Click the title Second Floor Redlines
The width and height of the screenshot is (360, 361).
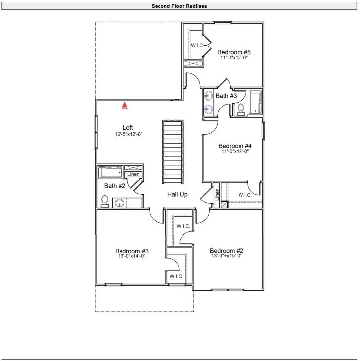click(179, 6)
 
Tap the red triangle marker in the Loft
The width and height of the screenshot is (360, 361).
click(125, 105)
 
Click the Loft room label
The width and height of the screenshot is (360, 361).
click(128, 128)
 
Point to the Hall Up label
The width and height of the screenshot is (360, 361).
click(177, 195)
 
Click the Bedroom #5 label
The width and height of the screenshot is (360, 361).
click(234, 52)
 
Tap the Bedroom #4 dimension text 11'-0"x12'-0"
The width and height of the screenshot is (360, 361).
click(235, 152)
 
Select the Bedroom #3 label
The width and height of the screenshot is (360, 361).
click(132, 251)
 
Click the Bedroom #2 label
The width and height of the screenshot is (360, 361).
click(226, 250)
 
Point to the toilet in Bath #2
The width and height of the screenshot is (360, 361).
click(105, 201)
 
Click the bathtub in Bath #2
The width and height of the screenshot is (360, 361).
click(111, 172)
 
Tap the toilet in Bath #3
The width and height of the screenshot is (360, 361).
click(241, 109)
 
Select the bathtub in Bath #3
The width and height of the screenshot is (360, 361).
click(255, 103)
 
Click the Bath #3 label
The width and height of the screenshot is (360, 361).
click(226, 96)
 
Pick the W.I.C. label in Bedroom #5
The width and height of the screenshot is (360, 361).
click(198, 46)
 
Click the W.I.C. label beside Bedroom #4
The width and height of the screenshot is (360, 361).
click(245, 195)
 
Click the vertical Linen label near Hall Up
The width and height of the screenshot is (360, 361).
click(217, 194)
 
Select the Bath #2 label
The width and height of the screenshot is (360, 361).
click(114, 186)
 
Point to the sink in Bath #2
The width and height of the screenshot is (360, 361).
click(120, 202)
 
